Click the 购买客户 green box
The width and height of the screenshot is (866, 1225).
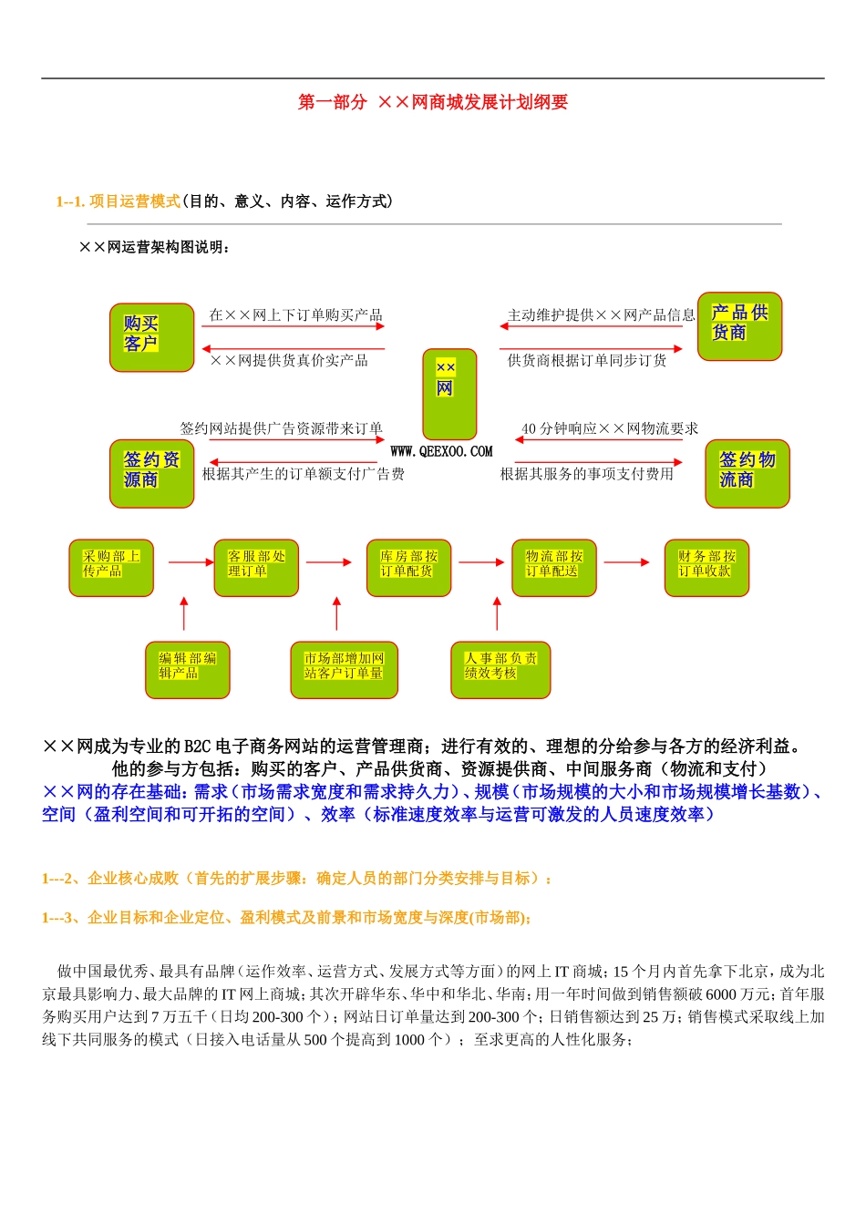[x=151, y=337]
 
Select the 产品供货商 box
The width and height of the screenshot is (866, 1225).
[x=739, y=326]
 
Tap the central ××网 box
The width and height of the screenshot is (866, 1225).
[x=449, y=394]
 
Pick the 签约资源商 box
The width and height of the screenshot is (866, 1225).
[x=151, y=474]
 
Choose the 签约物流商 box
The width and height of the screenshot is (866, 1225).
[x=747, y=474]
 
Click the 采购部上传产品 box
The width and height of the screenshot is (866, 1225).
[x=111, y=568]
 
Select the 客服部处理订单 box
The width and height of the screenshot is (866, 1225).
[x=256, y=568]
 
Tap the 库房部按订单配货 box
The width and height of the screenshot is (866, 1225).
[x=408, y=568]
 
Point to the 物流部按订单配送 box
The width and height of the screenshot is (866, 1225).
[x=553, y=568]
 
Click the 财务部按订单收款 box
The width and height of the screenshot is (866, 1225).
[x=706, y=568]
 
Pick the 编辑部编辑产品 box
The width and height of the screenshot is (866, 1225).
[x=187, y=670]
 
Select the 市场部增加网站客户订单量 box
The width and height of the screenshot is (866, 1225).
[x=344, y=670]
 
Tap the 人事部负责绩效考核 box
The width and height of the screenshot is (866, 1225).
[x=500, y=670]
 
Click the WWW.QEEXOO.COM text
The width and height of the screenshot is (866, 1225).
[x=441, y=451]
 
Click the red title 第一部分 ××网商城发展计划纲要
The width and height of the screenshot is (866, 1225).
[x=433, y=102]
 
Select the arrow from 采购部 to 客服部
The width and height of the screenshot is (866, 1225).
[x=191, y=562]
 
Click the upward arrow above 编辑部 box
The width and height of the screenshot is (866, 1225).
[x=184, y=614]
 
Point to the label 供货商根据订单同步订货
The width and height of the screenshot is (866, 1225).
[x=587, y=361]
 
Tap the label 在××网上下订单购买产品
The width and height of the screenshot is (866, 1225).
[x=295, y=315]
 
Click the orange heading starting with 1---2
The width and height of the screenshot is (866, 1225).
[x=297, y=879]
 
